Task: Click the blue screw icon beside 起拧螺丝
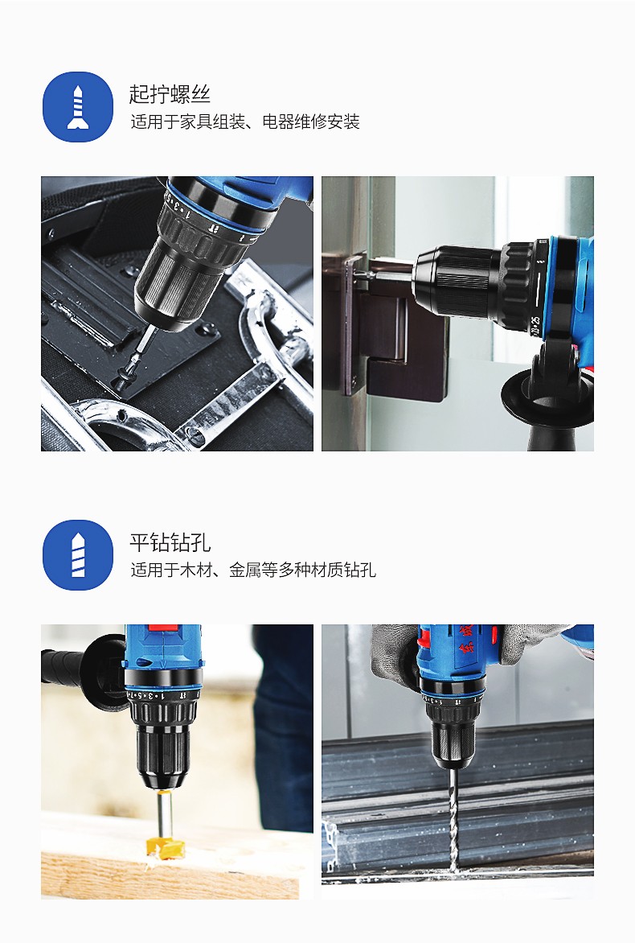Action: [x=77, y=107]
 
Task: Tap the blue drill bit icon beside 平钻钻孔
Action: [x=77, y=554]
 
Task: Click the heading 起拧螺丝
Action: [x=170, y=94]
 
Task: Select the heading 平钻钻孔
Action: [x=170, y=542]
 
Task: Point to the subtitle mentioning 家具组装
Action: [x=245, y=122]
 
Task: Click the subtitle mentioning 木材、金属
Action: [x=253, y=570]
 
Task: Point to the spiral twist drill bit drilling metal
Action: [x=452, y=819]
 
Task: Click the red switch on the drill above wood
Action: [x=163, y=628]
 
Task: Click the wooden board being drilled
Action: [x=170, y=866]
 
